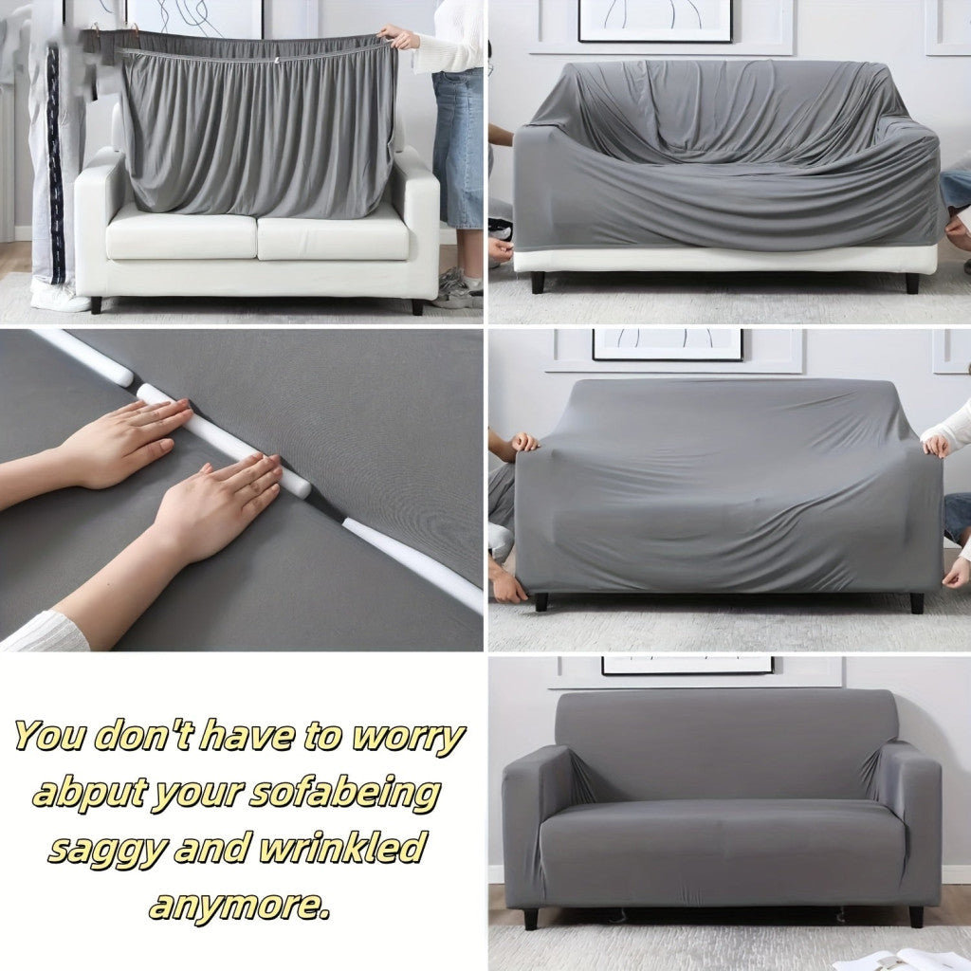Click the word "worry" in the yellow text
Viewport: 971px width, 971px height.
click(409, 737)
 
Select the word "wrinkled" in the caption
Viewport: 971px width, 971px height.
click(343, 847)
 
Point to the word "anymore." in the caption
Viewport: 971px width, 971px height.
click(239, 906)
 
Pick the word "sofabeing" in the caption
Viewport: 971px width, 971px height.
click(344, 794)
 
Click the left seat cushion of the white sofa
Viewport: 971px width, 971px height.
click(181, 236)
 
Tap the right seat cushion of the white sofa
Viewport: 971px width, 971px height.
click(333, 236)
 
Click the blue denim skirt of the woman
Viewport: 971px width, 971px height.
click(458, 149)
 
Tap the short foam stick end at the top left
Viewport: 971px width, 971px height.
click(85, 357)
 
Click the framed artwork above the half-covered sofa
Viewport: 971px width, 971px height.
click(654, 21)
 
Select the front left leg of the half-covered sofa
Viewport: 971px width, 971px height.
click(538, 283)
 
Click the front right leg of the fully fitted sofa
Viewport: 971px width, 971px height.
click(916, 917)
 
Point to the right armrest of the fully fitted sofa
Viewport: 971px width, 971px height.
click(909, 824)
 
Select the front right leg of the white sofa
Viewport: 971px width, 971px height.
click(417, 306)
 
